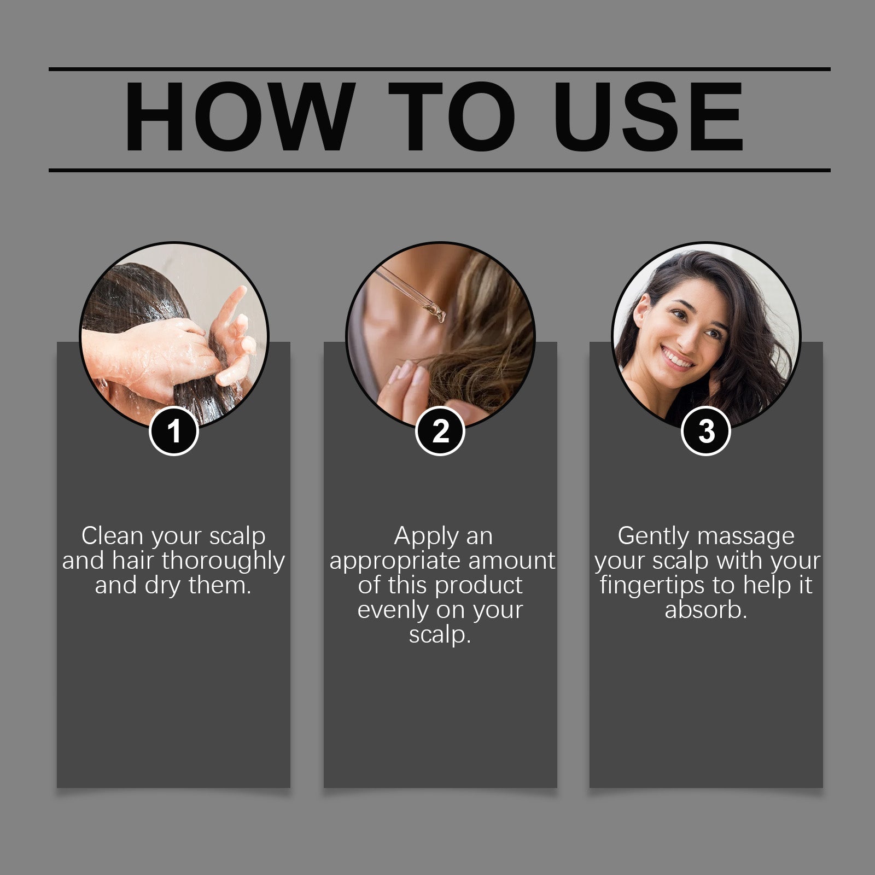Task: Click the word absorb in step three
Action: pyautogui.click(x=705, y=610)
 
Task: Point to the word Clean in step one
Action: pyautogui.click(x=112, y=536)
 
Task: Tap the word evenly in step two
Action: pyautogui.click(x=390, y=610)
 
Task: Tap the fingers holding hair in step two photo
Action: pyautogui.click(x=405, y=383)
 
